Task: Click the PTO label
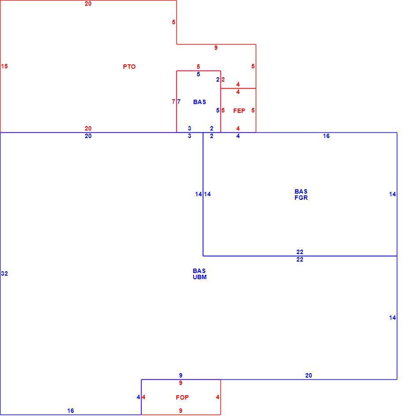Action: click(129, 67)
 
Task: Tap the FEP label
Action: click(239, 111)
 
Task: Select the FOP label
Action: click(183, 398)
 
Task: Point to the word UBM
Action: click(200, 277)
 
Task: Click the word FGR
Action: click(301, 198)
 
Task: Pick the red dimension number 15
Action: click(4, 66)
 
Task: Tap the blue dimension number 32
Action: click(4, 273)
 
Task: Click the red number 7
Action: click(174, 101)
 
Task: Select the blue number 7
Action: click(179, 101)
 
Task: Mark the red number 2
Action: click(223, 80)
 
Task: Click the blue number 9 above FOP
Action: click(181, 375)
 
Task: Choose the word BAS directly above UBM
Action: click(199, 271)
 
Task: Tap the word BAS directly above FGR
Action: click(301, 191)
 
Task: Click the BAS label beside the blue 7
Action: click(199, 102)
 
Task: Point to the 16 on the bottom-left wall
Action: click(71, 411)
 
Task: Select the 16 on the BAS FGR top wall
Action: click(326, 136)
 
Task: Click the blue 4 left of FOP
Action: click(138, 397)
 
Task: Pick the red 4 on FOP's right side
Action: click(218, 397)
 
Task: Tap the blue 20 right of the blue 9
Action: click(309, 375)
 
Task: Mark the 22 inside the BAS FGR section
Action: click(300, 252)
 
